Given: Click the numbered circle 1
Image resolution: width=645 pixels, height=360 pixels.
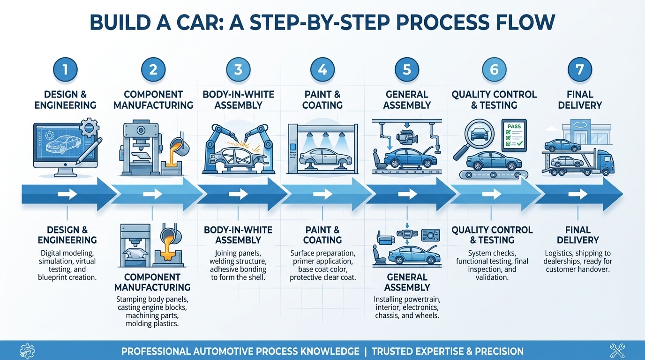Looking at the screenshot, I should tap(65, 70).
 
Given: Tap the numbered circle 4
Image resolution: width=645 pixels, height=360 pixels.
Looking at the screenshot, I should tap(322, 70).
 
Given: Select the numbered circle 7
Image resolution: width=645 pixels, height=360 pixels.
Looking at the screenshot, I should tap(580, 70).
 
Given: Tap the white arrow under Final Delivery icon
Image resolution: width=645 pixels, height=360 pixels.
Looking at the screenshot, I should tap(580, 194).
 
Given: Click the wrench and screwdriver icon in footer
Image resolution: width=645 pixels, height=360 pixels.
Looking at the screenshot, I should tap(617, 350).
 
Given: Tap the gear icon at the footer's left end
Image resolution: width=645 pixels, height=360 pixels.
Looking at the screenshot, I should tap(27, 350).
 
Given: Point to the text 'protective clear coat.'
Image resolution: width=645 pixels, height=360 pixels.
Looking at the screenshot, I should tap(322, 277).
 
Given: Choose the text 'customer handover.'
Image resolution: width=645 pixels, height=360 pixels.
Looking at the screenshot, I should tap(578, 270).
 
